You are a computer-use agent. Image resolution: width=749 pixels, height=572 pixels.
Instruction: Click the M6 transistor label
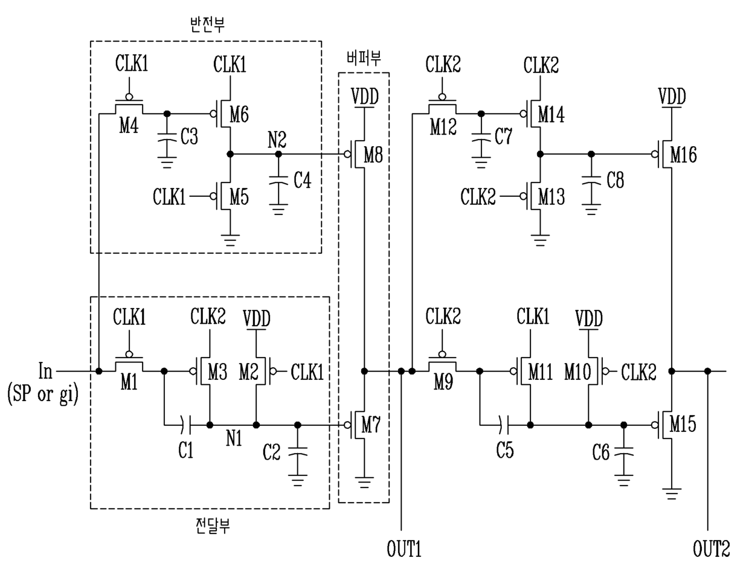[x=239, y=114]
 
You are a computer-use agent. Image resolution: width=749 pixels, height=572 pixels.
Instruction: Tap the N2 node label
[x=277, y=140]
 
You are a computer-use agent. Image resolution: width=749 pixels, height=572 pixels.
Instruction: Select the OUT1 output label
[x=404, y=549]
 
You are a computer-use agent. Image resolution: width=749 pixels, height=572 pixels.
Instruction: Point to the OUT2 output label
[x=711, y=549]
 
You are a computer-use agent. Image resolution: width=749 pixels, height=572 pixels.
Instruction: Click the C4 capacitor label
[x=303, y=180]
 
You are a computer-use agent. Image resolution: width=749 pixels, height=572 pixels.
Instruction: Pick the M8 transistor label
[x=373, y=155]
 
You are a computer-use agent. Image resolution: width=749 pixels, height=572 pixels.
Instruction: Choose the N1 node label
[x=234, y=438]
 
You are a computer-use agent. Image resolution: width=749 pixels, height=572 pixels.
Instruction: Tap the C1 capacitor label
[x=185, y=450]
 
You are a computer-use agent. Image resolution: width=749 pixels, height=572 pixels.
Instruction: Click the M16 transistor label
[x=683, y=155]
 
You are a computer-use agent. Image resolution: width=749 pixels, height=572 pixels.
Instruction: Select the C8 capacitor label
[x=616, y=180]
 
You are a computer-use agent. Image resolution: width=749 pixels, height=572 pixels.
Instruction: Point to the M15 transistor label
[x=683, y=424]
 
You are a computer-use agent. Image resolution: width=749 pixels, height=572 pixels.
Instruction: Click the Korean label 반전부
[x=207, y=25]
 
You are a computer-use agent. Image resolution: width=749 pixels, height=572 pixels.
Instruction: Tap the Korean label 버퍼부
[x=364, y=58]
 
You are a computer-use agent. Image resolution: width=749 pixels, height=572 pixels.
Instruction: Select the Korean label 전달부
[x=213, y=526]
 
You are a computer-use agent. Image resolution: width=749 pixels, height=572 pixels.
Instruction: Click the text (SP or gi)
[x=43, y=394]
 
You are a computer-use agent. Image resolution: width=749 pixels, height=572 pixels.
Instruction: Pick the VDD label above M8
[x=365, y=97]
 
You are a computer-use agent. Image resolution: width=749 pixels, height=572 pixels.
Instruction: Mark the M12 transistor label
[x=443, y=127]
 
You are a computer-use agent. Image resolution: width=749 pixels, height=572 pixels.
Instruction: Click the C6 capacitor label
[x=600, y=452]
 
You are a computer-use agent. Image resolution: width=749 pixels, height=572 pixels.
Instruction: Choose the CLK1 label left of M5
[x=169, y=197]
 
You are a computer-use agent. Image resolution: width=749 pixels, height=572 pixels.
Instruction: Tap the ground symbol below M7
[x=364, y=482]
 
